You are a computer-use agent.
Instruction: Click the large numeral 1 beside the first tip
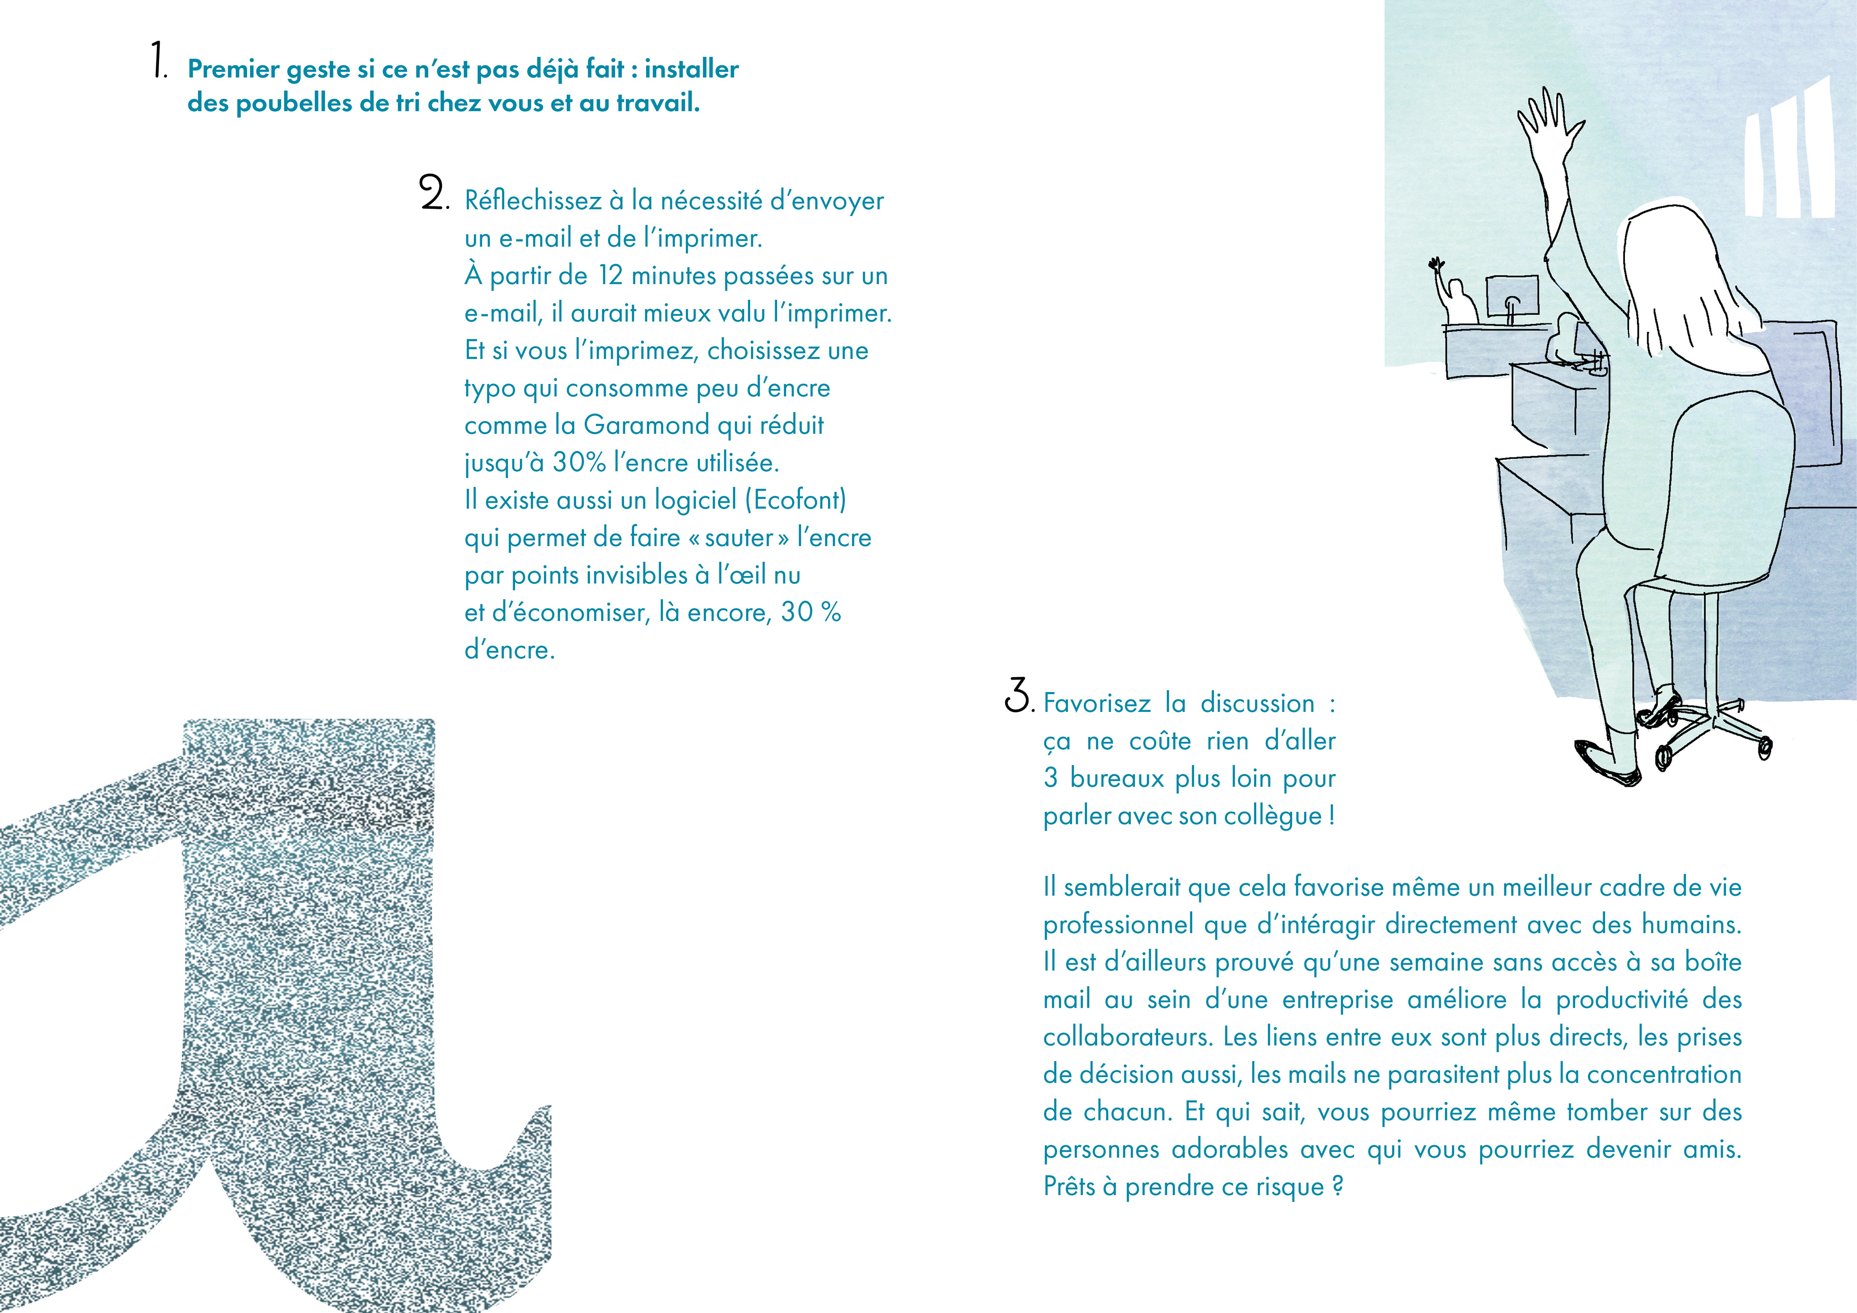click(x=159, y=61)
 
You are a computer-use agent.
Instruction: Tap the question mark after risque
click(x=1337, y=1187)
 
